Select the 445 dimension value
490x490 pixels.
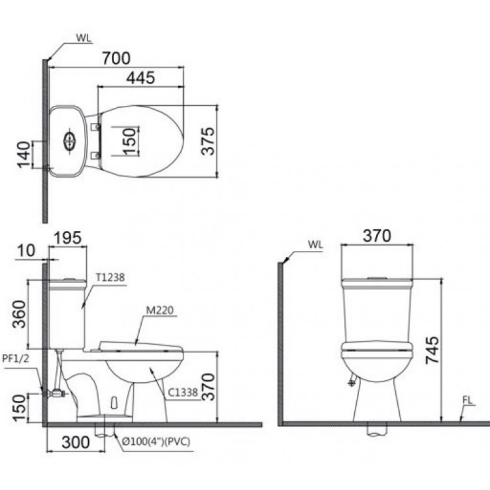click(x=141, y=77)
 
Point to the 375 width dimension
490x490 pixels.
click(x=209, y=141)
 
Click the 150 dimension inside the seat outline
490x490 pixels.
click(x=128, y=141)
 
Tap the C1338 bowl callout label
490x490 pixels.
click(x=182, y=392)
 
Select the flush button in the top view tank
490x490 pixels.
click(x=70, y=141)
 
